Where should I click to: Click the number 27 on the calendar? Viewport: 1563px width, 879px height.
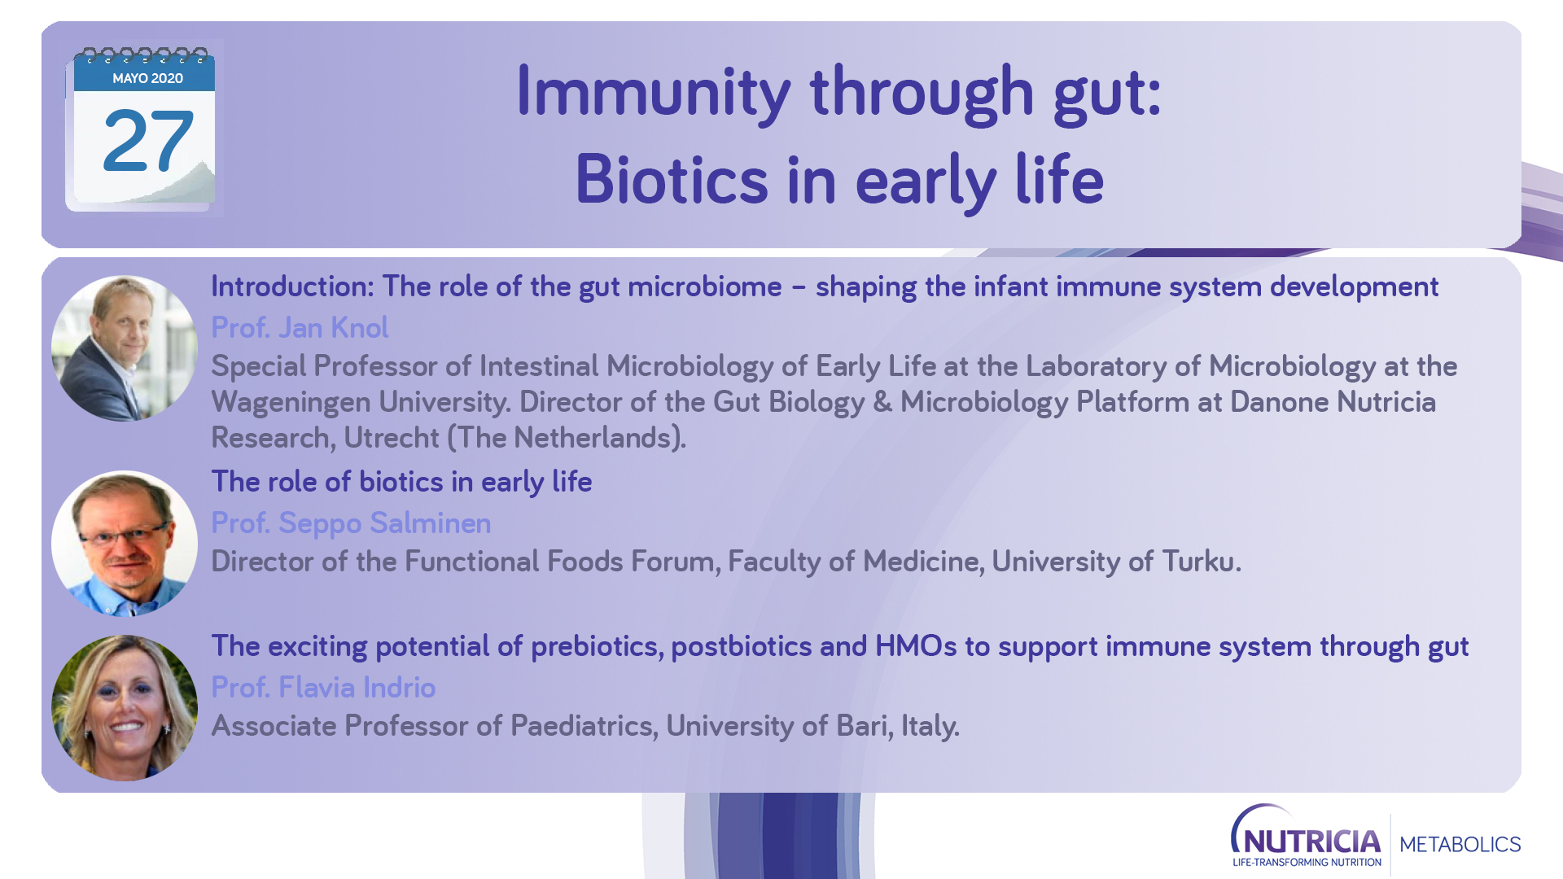pos(148,141)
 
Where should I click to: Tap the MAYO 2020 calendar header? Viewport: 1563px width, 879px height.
pos(147,78)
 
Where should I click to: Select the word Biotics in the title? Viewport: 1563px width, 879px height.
pos(672,179)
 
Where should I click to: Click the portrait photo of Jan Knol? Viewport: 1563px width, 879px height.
pos(125,348)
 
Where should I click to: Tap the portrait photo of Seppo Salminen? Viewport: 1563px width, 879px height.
pos(125,544)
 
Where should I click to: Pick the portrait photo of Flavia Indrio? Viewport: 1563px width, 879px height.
pos(125,708)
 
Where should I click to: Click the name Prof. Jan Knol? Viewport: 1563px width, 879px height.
pos(300,327)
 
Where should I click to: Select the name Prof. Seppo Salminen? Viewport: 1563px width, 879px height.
pos(351,523)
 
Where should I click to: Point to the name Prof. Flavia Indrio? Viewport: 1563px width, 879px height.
pos(323,687)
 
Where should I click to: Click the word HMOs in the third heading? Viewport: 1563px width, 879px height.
pos(916,646)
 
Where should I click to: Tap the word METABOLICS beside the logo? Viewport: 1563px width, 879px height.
pos(1460,845)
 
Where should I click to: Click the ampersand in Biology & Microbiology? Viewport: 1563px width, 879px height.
pos(882,402)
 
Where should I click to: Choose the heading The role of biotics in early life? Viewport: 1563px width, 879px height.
pos(401,482)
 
